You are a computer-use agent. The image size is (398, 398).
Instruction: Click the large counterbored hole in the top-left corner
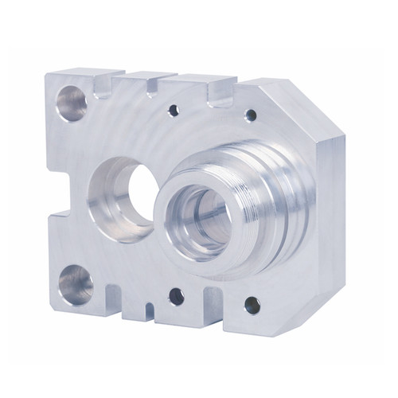coord(71,103)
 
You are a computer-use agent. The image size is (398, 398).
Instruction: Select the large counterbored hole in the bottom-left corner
coord(75,284)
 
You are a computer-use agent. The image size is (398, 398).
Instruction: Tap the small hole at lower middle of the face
coord(176,296)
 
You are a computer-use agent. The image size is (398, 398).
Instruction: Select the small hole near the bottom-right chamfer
coord(252,304)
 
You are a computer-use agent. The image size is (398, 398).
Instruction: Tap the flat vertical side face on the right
coord(334,215)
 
